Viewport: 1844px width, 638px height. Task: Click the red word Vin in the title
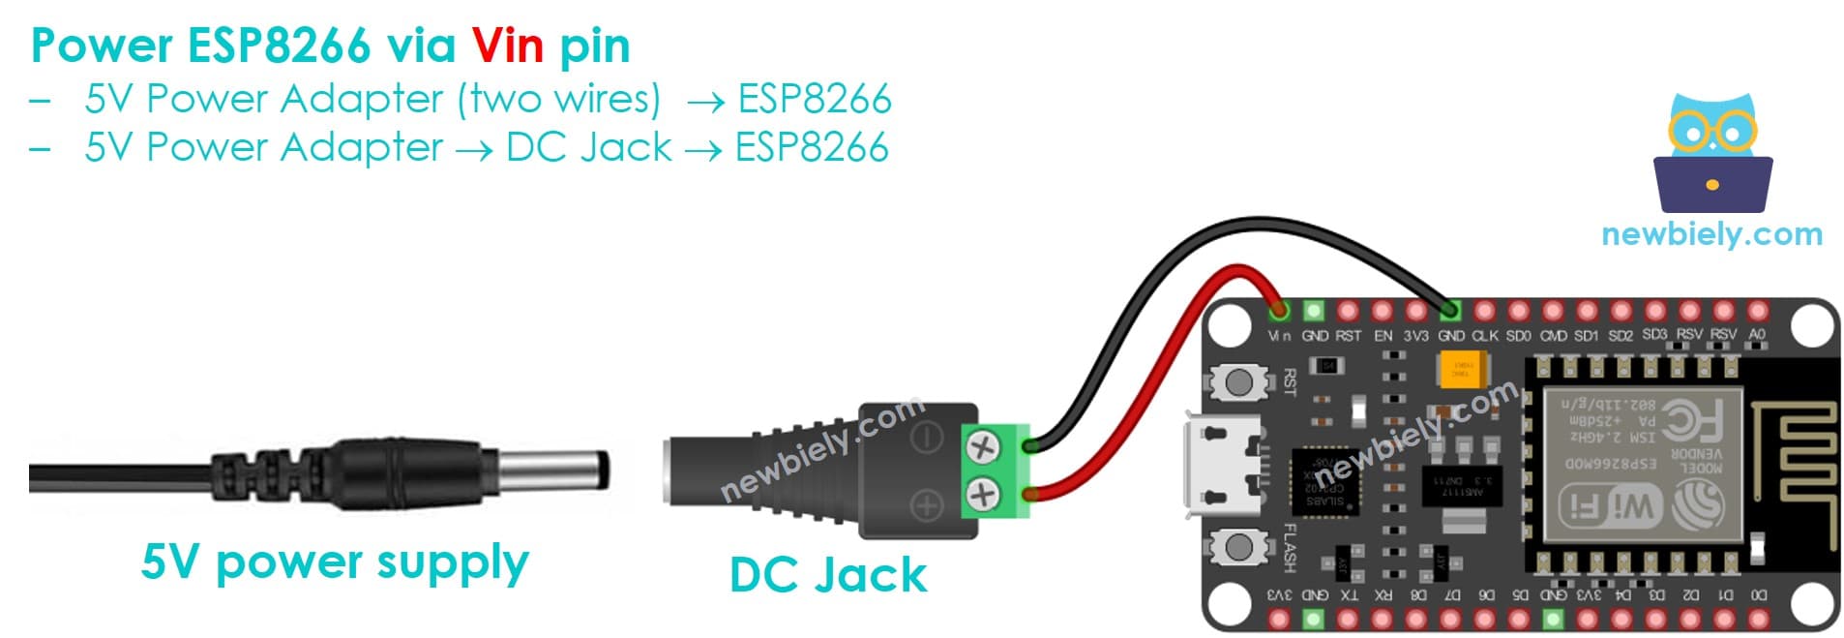(507, 46)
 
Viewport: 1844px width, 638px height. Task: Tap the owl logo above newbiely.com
(1711, 155)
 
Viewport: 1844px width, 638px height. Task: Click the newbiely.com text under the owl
(1710, 233)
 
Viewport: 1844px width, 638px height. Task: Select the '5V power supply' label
(334, 562)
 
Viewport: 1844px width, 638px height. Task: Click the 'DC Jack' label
(827, 574)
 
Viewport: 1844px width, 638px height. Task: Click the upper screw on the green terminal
(983, 447)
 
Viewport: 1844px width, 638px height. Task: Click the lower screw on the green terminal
(983, 495)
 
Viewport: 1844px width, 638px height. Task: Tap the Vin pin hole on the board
(1279, 311)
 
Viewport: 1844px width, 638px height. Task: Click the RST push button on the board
(1238, 381)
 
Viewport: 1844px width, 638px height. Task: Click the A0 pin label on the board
(1757, 335)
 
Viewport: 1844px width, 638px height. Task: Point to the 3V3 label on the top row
(1415, 336)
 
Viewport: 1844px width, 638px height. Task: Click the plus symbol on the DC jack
(927, 504)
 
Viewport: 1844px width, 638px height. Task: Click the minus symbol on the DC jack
(927, 438)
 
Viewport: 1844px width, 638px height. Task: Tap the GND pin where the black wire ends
(1449, 311)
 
